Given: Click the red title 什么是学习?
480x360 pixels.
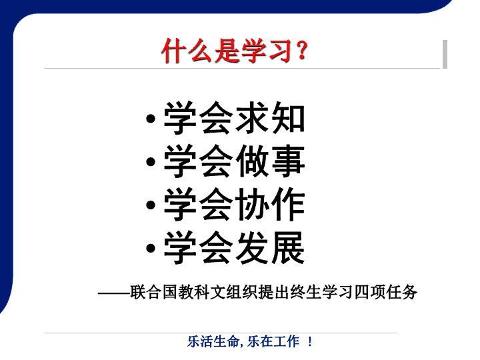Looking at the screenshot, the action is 234,51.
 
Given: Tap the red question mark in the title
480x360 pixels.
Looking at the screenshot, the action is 302,51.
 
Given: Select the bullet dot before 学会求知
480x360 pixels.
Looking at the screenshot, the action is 150,119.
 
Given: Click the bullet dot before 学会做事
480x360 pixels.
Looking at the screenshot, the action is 150,161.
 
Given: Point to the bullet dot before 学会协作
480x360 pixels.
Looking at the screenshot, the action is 150,205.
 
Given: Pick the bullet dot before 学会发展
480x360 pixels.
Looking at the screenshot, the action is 150,248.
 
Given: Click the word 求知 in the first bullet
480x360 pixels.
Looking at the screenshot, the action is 270,118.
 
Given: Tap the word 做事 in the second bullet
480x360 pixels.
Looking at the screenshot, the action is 270,161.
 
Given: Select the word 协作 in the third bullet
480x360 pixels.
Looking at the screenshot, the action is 270,205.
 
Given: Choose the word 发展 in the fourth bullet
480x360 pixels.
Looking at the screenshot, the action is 270,247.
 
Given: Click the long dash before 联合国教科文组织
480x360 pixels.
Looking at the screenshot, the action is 114,293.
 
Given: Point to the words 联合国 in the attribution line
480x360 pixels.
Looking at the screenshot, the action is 154,292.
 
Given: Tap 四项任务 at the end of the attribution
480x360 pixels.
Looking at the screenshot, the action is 386,292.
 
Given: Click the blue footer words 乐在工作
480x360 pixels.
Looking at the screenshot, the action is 273,341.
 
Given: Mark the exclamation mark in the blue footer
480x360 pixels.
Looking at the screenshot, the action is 310,341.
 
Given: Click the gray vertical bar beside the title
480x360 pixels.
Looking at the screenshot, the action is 445,54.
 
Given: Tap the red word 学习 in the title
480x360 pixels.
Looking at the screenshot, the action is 266,51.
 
